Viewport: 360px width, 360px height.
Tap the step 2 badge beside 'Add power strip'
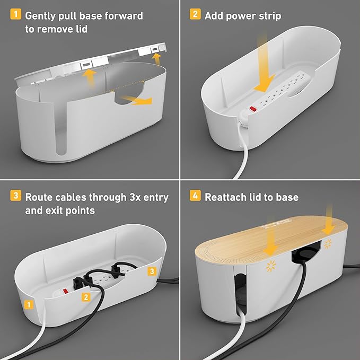(x=195, y=15)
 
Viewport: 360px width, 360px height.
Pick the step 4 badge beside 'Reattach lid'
(x=195, y=197)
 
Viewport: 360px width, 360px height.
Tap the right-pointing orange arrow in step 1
(x=139, y=99)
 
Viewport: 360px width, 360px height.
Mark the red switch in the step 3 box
(x=67, y=291)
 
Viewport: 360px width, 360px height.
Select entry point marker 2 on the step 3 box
(x=85, y=297)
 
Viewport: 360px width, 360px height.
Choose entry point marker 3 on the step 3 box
(x=152, y=272)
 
